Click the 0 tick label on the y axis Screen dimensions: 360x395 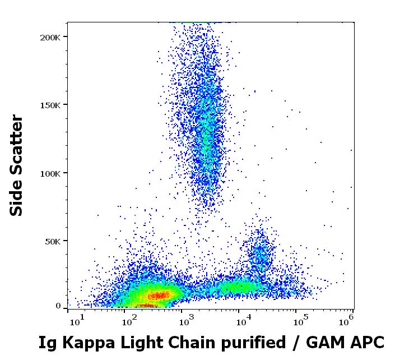click(58, 306)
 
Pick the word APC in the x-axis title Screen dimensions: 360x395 click(368, 342)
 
